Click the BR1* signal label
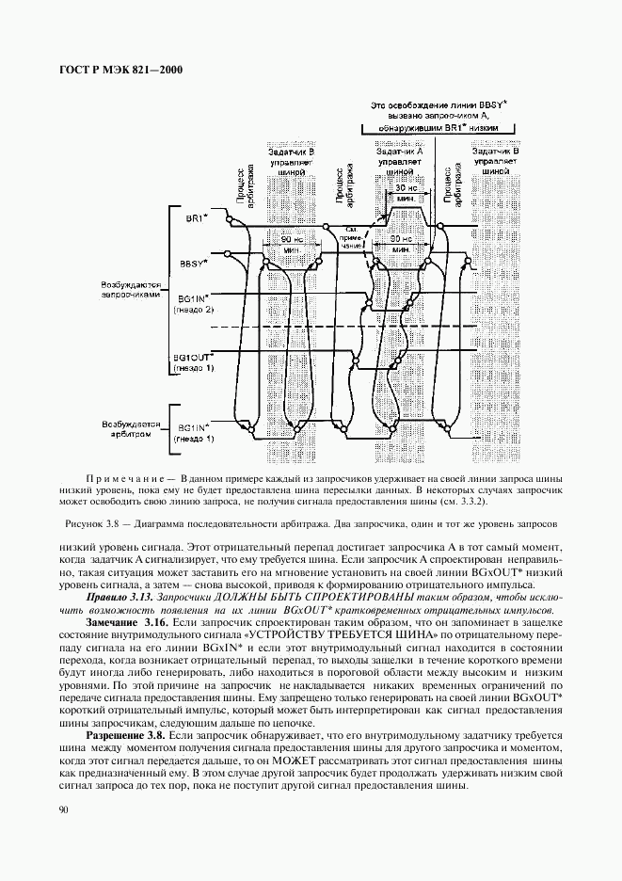196,218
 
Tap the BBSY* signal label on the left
194,264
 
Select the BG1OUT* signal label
193,358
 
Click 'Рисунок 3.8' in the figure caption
94,522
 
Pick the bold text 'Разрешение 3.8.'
126,733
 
